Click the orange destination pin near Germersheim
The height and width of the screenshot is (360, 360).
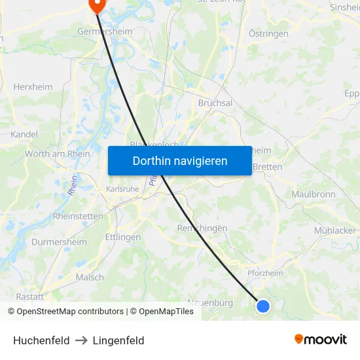[97, 5]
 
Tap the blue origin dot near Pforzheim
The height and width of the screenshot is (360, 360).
[263, 306]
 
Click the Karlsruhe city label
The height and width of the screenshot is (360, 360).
[122, 189]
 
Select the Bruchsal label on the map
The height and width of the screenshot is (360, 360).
[215, 103]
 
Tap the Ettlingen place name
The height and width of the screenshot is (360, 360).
[123, 237]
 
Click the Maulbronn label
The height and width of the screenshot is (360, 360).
[314, 194]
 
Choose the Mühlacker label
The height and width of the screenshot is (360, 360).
[335, 230]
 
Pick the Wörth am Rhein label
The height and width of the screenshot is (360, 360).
[58, 154]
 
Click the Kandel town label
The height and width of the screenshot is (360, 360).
[24, 134]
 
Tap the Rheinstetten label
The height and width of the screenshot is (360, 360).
[78, 215]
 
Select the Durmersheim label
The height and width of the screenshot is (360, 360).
[59, 242]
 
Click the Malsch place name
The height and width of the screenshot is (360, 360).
[90, 277]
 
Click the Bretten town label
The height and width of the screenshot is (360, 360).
[267, 167]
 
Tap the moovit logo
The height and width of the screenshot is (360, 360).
[321, 339]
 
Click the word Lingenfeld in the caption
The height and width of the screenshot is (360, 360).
[118, 340]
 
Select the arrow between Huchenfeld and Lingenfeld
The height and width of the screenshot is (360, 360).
[81, 340]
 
